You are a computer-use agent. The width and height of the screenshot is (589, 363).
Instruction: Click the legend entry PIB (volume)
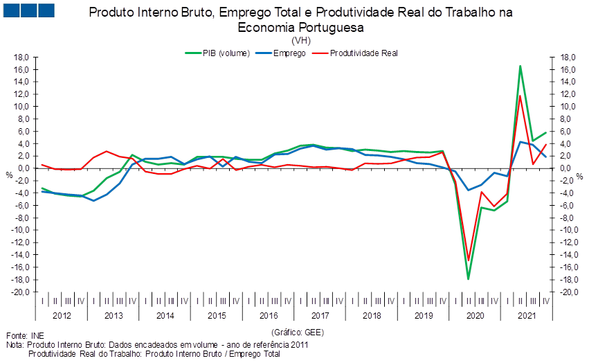217,53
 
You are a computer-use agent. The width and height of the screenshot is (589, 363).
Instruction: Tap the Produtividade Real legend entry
355,53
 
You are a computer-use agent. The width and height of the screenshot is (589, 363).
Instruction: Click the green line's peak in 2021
520,66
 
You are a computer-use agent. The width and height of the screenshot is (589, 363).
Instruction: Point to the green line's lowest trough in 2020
469,279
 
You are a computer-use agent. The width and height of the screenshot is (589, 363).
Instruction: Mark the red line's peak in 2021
520,96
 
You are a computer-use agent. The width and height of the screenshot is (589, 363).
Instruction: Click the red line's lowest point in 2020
469,260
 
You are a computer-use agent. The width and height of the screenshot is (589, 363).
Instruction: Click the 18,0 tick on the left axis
21,57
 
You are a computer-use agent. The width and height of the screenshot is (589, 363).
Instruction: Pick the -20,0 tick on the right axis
568,292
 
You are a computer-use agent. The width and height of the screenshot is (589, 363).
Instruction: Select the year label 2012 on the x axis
62,316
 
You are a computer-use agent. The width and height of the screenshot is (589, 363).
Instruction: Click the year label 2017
320,316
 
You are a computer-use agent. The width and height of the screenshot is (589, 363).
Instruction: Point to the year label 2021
527,316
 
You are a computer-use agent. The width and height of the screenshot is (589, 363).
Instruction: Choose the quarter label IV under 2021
546,301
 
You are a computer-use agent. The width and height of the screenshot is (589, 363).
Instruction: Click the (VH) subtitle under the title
301,40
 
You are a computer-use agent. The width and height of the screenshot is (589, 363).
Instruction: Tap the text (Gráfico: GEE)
298,333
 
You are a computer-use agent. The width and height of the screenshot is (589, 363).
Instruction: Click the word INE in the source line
37,336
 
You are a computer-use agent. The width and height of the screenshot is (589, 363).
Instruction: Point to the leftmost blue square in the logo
11,10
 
